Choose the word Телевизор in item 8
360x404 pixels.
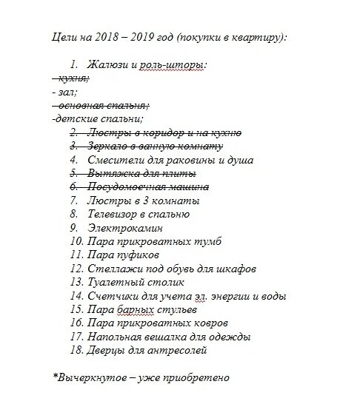pos(115,214)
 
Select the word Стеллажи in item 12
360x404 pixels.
pos(112,268)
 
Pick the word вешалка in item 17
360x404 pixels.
pos(167,336)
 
